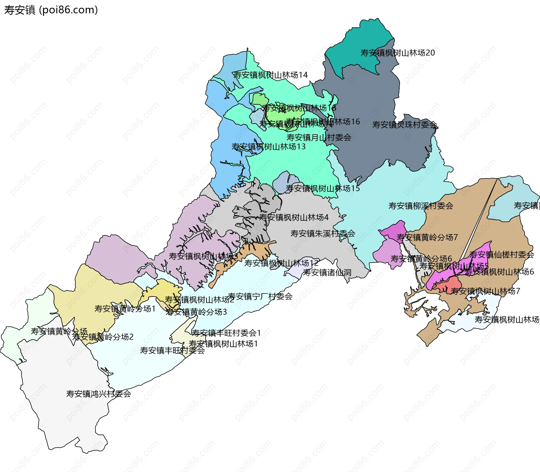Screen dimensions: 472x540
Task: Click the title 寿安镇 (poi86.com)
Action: [x=51, y=10]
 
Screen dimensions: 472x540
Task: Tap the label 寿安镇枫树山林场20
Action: [x=397, y=53]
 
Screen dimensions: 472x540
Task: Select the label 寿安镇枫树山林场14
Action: [x=270, y=75]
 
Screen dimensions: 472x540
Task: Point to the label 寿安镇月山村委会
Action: [x=319, y=138]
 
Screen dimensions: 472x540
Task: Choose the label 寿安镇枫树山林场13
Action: [x=268, y=147]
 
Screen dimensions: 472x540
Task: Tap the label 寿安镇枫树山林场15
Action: [x=323, y=189]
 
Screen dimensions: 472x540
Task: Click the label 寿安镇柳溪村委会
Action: [x=420, y=206]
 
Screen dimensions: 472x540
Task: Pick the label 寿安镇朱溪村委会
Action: [x=323, y=234]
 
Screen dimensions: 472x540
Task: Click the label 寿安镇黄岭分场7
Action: [x=427, y=238]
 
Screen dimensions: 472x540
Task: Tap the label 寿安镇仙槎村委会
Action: [x=501, y=255]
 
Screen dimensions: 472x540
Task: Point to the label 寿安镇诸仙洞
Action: [x=327, y=273]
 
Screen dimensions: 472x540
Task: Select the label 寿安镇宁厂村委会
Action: [x=260, y=296]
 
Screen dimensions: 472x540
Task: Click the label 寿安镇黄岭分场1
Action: [x=125, y=309]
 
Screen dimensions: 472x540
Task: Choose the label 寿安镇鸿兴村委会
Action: [x=98, y=394]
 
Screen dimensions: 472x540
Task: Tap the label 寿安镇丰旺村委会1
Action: [x=226, y=333]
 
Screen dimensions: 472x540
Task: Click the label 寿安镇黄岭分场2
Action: [x=103, y=337]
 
